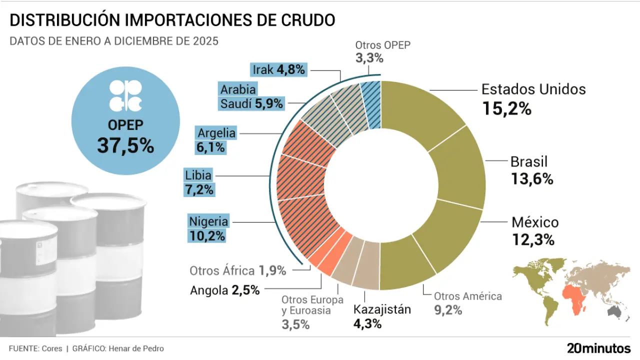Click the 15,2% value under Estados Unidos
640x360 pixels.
coord(506,108)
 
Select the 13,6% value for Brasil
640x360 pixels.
coord(532,179)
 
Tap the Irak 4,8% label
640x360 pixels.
coord(278,70)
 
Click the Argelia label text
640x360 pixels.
coord(216,133)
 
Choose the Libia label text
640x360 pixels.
coord(198,175)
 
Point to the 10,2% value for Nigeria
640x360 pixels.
coord(206,236)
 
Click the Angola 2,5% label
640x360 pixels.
coord(225,290)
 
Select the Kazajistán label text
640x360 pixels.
coord(382,309)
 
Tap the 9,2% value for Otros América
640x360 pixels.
coord(448,310)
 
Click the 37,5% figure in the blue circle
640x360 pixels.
coord(125,145)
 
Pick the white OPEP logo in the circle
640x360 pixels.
coord(125,95)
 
